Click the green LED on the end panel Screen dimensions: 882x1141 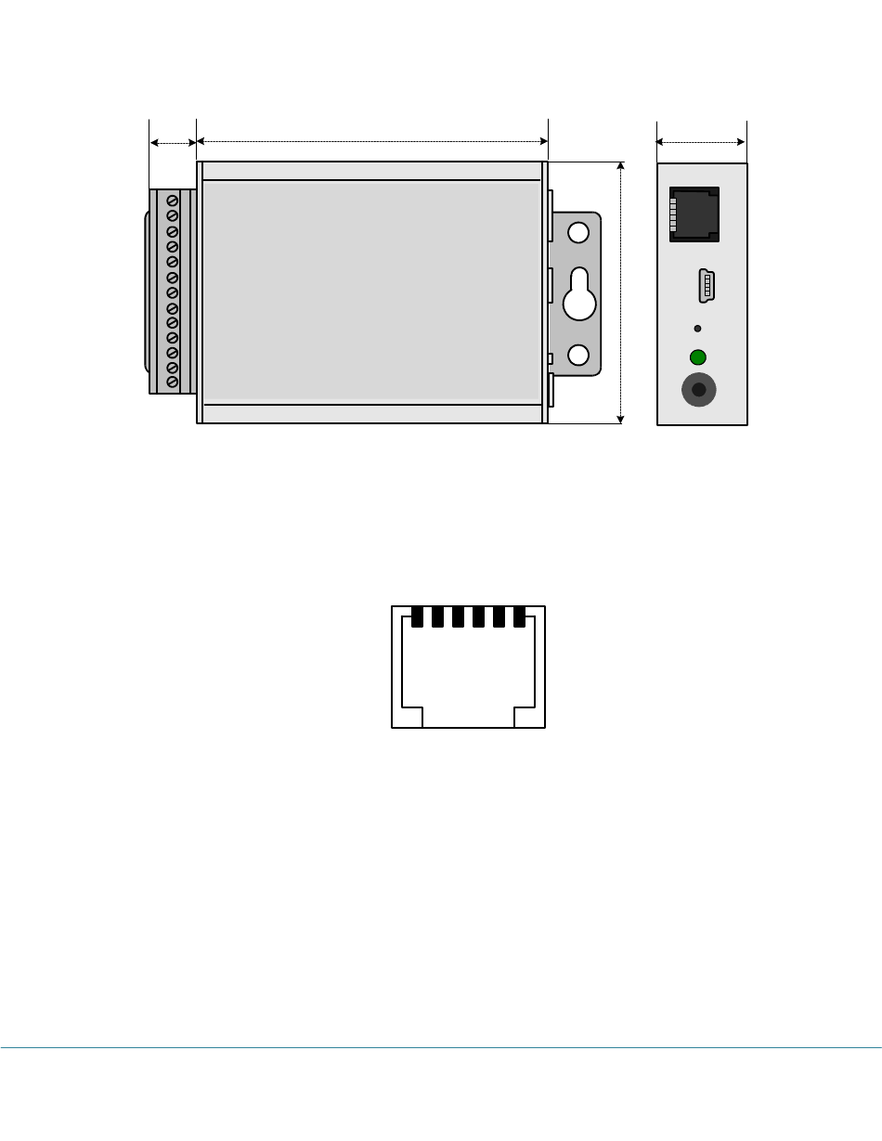click(x=698, y=357)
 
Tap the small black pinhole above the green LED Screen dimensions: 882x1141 click(x=697, y=329)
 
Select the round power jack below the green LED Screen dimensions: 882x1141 click(x=699, y=390)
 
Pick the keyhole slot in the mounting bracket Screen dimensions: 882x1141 click(x=578, y=294)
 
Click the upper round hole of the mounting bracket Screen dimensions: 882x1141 click(x=578, y=232)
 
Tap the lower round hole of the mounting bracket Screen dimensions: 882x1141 click(x=578, y=355)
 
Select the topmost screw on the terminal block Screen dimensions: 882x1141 click(x=172, y=201)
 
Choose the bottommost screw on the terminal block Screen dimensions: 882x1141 click(x=172, y=382)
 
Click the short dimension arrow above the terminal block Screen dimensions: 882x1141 click(x=173, y=142)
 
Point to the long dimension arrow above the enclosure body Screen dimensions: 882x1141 click(x=372, y=142)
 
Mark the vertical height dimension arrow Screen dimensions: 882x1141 click(x=621, y=292)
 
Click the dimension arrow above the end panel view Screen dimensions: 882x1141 click(x=702, y=142)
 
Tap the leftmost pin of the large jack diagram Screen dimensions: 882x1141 click(x=418, y=616)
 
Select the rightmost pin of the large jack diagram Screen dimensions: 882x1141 click(x=520, y=616)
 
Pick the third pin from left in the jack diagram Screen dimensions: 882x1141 click(x=459, y=616)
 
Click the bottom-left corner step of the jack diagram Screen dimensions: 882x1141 click(x=408, y=717)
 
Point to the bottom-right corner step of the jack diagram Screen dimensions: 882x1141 click(x=530, y=717)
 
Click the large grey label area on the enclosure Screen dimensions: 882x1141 click(x=371, y=292)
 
